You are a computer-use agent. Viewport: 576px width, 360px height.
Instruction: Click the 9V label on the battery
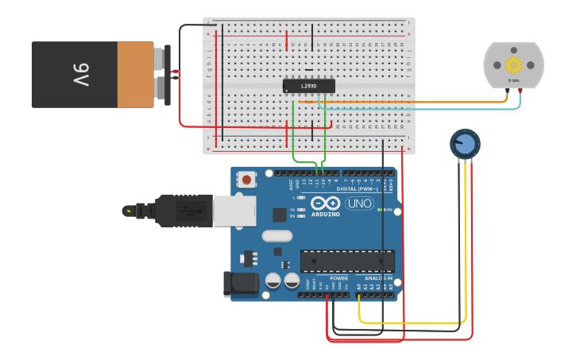[82, 75]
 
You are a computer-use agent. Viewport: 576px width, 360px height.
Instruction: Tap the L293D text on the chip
[308, 86]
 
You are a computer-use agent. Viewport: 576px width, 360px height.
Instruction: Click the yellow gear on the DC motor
[514, 65]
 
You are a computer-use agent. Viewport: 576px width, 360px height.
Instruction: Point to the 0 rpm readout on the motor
[514, 81]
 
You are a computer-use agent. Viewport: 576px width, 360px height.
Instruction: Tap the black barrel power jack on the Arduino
[241, 285]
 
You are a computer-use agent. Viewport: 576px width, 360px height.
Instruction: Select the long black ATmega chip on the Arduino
[347, 261]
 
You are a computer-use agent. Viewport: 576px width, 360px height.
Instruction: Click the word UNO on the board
[358, 203]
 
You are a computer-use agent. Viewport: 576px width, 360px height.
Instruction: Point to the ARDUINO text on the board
[326, 215]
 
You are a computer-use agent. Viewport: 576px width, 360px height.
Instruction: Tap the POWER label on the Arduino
[338, 279]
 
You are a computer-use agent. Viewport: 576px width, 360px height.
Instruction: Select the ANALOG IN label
[378, 279]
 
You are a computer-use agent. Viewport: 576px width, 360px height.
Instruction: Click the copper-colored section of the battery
[135, 75]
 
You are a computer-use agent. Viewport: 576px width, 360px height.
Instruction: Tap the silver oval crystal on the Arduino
[277, 235]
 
